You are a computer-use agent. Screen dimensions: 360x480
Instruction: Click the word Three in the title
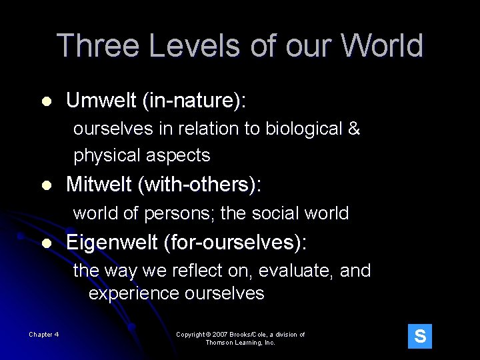click(x=98, y=46)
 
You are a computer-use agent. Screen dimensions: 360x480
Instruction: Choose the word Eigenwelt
click(x=111, y=243)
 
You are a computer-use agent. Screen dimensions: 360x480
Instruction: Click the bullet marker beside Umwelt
click(x=45, y=102)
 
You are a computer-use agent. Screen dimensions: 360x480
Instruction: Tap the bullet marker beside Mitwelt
click(x=45, y=185)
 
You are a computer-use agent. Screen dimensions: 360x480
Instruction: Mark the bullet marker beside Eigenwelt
click(x=45, y=243)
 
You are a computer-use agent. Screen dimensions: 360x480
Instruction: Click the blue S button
click(x=420, y=336)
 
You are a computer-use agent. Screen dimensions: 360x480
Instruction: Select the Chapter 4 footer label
click(x=43, y=334)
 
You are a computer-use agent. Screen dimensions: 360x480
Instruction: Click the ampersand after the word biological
click(x=354, y=129)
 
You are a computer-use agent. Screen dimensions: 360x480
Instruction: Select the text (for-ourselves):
click(x=235, y=243)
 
